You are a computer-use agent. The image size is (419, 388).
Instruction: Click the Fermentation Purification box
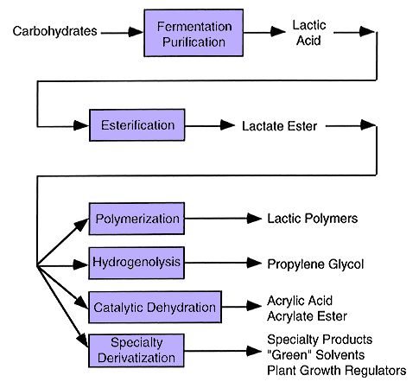click(x=194, y=33)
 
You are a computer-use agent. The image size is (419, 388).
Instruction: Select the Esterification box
click(x=137, y=125)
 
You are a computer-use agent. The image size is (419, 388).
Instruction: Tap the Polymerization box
click(x=136, y=219)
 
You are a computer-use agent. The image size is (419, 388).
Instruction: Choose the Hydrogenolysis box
click(x=136, y=263)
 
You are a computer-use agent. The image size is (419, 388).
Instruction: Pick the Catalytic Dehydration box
click(x=155, y=307)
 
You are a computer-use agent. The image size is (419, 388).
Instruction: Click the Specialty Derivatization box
click(x=136, y=351)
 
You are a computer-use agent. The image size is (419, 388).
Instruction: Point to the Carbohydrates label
click(x=54, y=31)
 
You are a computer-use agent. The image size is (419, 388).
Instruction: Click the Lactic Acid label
click(x=309, y=33)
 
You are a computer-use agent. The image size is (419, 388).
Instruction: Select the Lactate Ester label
click(x=279, y=126)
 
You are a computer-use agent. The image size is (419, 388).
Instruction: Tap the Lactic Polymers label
click(x=313, y=219)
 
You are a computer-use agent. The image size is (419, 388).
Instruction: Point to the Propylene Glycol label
click(x=315, y=264)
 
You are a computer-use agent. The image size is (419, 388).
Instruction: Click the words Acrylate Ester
click(x=307, y=316)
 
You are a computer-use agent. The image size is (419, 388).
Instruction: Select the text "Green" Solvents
click(x=316, y=355)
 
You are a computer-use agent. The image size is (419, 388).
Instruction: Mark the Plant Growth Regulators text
click(x=337, y=371)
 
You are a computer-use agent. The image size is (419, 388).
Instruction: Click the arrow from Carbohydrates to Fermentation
click(x=122, y=32)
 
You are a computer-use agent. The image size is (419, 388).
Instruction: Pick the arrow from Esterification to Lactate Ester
click(x=210, y=125)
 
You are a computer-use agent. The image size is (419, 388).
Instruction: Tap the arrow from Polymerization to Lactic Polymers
click(x=223, y=219)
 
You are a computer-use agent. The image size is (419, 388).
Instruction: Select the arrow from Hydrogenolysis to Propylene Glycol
click(x=223, y=263)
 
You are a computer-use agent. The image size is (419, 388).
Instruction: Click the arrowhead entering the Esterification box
click(x=81, y=125)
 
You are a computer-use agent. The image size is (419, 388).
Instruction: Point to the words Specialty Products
click(x=320, y=340)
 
